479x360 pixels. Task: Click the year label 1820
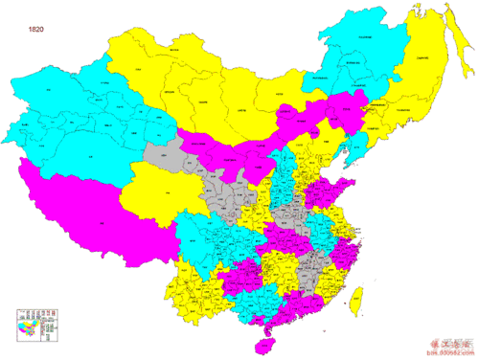[x=36, y=30]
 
